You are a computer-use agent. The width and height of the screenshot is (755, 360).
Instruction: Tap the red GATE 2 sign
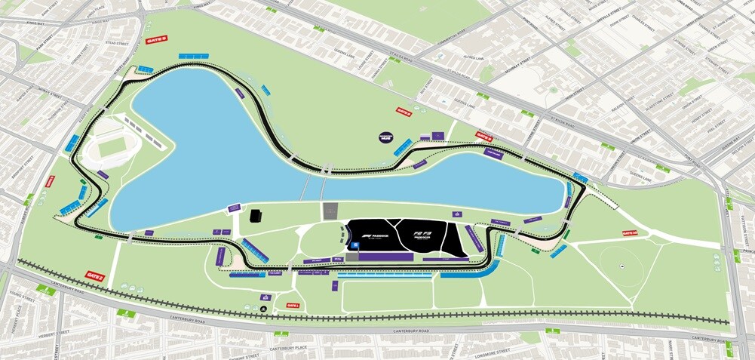tap(95, 275)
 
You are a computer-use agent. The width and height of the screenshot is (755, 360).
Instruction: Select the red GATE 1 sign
tap(293, 306)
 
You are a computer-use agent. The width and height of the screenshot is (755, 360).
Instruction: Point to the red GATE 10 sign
tap(630, 233)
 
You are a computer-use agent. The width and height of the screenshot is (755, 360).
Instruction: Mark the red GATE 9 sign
tap(483, 137)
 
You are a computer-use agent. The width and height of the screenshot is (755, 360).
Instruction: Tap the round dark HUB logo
tap(387, 138)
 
